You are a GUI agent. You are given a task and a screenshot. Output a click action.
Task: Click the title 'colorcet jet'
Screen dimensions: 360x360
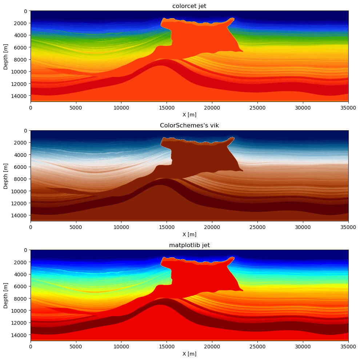pos(189,6)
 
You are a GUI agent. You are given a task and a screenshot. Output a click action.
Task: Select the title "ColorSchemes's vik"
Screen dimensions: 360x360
pos(189,125)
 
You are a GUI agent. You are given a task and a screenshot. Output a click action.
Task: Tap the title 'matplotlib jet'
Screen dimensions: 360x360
pos(189,245)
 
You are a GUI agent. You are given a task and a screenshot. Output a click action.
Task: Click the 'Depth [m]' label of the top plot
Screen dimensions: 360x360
pos(6,56)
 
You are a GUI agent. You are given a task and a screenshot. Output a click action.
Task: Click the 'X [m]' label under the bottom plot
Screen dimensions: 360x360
pos(189,353)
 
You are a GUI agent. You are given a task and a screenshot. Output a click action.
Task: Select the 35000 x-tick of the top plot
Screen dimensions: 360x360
pos(348,107)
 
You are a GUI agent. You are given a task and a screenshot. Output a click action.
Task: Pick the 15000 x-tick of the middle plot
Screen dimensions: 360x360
pos(167,227)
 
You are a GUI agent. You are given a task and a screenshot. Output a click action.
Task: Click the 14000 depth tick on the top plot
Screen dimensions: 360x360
pos(20,96)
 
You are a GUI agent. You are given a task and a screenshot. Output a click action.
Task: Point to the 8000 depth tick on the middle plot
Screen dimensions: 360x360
pos(21,179)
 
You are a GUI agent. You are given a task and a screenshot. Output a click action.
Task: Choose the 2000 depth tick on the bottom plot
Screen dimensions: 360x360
pos(21,262)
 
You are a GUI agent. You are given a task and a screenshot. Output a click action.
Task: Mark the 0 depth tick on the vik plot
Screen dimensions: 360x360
pos(25,130)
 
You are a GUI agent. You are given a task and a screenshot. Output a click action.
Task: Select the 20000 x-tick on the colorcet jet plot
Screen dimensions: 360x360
pos(212,107)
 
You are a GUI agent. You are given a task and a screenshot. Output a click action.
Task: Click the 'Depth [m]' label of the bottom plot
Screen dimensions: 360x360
pos(6,295)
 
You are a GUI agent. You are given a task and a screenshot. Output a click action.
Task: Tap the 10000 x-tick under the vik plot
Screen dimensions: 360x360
pos(121,227)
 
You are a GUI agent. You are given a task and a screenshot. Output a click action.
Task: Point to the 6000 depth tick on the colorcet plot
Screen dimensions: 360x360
pos(21,47)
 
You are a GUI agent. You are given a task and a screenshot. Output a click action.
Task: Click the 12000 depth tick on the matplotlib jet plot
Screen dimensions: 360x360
pos(20,323)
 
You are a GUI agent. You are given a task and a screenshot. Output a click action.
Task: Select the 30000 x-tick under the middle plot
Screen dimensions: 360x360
pos(303,227)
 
